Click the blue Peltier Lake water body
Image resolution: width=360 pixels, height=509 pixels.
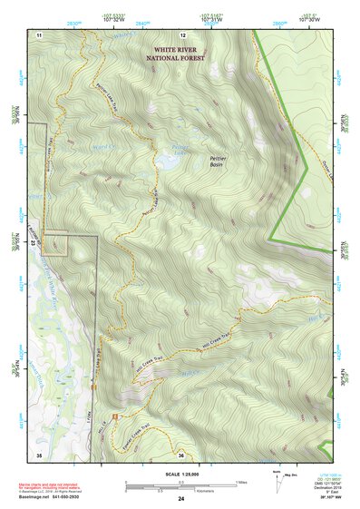pyautogui.click(x=167, y=162)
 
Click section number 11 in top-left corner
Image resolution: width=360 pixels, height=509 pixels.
pyautogui.click(x=39, y=34)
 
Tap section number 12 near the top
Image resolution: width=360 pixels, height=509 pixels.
pyautogui.click(x=181, y=34)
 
